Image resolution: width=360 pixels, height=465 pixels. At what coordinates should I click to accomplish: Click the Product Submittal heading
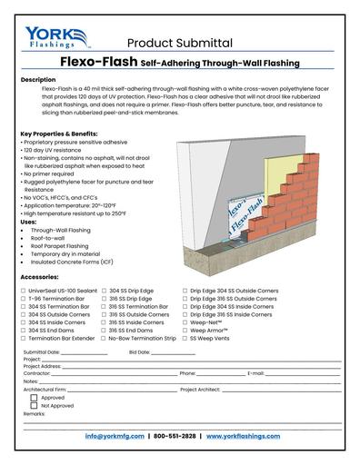[179, 43]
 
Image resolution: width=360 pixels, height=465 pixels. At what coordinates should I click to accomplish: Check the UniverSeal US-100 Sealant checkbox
[23, 291]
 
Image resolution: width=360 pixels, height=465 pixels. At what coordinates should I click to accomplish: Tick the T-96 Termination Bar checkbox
[23, 299]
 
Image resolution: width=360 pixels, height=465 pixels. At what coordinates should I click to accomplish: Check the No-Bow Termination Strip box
[105, 338]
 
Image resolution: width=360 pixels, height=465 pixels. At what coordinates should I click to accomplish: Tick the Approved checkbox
[34, 397]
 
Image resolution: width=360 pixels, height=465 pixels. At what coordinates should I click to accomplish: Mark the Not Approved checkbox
[34, 405]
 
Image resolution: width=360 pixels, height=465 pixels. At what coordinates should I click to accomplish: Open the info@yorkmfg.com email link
[115, 436]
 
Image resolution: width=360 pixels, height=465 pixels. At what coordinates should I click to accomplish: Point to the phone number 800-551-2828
[177, 436]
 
